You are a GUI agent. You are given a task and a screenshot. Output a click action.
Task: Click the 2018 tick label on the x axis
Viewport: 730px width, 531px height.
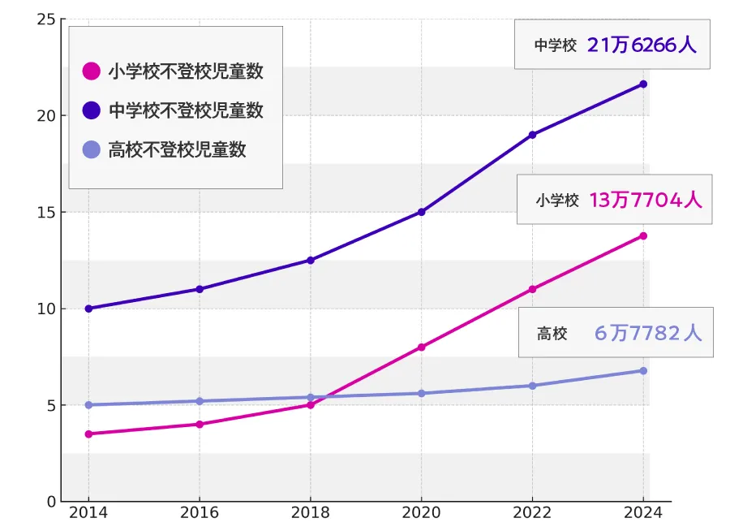click(311, 513)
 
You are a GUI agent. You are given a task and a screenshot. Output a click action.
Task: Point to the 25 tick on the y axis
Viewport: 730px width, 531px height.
click(46, 19)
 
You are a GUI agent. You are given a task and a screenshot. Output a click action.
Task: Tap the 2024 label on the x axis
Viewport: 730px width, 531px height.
click(643, 513)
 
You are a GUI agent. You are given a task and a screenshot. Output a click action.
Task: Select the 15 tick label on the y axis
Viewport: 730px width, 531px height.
click(46, 212)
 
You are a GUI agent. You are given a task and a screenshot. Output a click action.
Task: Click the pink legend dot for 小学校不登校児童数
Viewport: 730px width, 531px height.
click(92, 71)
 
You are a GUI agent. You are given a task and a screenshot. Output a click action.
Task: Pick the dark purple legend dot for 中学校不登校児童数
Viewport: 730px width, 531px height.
click(92, 110)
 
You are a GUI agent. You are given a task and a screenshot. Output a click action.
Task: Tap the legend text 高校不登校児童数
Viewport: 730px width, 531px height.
click(177, 149)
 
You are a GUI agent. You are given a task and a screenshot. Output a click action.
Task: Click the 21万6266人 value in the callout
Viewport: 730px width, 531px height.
click(642, 45)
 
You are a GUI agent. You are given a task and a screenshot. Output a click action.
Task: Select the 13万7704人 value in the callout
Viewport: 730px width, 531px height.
click(646, 200)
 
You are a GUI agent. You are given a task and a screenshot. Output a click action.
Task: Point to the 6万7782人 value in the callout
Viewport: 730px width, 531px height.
click(648, 333)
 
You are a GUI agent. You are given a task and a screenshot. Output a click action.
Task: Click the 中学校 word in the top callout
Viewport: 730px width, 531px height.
click(555, 46)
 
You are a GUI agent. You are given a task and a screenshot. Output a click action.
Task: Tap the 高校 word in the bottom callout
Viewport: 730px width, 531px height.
click(552, 334)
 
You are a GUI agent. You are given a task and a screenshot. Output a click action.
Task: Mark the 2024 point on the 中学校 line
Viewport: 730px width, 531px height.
click(643, 84)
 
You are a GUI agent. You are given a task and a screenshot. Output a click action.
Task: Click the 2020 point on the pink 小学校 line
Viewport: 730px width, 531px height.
click(422, 347)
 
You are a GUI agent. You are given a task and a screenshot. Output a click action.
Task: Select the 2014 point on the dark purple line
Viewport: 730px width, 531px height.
click(88, 309)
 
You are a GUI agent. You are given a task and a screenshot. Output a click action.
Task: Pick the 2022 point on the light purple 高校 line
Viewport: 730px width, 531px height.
click(532, 386)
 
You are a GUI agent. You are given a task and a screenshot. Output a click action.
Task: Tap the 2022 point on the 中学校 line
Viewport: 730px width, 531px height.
click(532, 135)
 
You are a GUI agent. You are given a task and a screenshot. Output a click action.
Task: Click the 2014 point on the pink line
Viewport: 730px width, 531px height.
click(88, 434)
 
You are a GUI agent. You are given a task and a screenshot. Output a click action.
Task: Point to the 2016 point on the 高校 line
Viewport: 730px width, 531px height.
click(200, 401)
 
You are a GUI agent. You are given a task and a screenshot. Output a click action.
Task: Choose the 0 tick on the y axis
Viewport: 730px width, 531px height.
click(51, 501)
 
